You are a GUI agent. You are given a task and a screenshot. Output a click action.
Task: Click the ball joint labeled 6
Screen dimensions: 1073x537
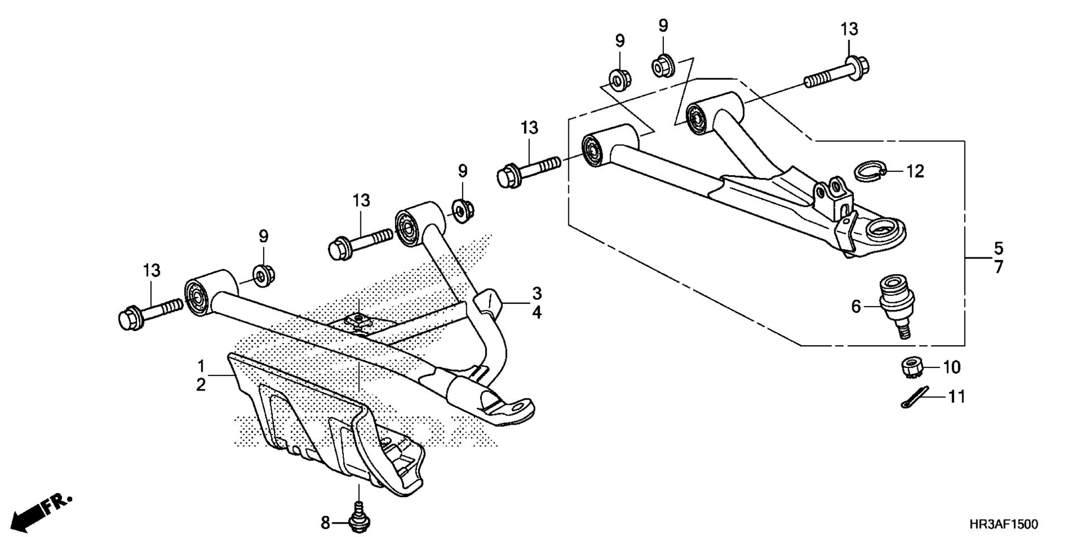(x=896, y=305)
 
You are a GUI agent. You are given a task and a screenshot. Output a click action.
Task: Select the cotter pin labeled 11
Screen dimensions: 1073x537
(x=914, y=398)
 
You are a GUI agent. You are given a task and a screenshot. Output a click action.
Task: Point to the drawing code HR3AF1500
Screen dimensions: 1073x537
(x=1004, y=524)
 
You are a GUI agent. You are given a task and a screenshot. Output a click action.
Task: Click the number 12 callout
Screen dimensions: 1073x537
(x=915, y=171)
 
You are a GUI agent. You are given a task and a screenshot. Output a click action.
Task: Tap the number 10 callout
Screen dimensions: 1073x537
(x=951, y=367)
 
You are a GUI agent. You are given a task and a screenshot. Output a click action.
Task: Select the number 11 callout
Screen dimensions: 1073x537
(x=956, y=397)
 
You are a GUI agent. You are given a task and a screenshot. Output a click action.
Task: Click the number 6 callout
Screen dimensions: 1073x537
(x=856, y=307)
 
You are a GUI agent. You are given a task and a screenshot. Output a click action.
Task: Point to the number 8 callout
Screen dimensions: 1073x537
(x=325, y=524)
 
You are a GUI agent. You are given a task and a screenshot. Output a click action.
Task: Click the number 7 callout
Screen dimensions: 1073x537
(x=999, y=266)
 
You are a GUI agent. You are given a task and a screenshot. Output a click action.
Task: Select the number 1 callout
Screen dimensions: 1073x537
(x=201, y=366)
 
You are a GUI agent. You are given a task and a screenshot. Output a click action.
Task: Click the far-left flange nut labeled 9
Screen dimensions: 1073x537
(x=262, y=276)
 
